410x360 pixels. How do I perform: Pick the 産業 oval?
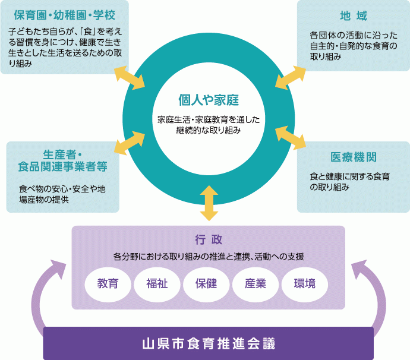(x=255, y=283)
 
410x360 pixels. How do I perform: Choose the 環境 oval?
(x=304, y=283)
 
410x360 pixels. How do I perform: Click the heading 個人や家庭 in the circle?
(x=209, y=99)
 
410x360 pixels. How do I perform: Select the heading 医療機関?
(x=354, y=157)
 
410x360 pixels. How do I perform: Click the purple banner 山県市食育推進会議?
(x=209, y=344)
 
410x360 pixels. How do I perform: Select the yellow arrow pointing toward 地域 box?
(x=291, y=78)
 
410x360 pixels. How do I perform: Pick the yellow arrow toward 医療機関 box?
(x=291, y=137)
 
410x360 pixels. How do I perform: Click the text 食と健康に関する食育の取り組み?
(x=349, y=181)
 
